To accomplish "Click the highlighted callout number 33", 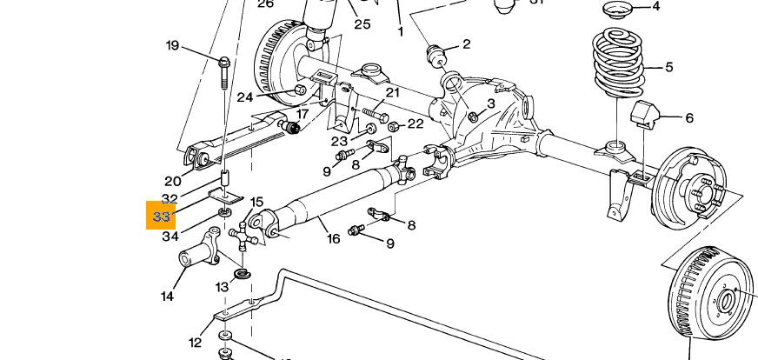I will coord(161,216).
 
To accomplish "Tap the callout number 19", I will coord(172,45).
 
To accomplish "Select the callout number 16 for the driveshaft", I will coord(333,238).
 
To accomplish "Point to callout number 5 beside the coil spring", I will coord(668,67).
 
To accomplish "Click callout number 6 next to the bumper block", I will coord(688,118).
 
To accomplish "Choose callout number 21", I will coord(392,93).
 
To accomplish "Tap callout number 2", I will coord(466,44).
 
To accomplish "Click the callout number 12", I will coord(195,343).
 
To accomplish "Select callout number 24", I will coord(244,97).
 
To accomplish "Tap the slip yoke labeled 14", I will coord(198,255).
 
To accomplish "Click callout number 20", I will coord(172,181).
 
